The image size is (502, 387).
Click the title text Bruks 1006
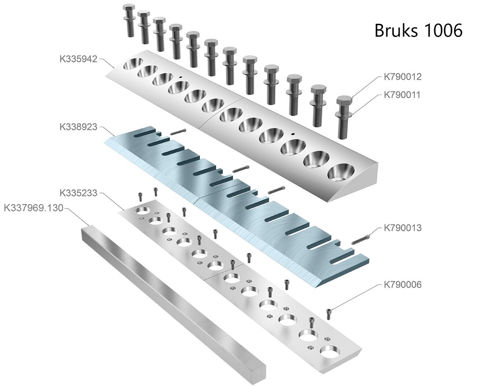pyautogui.click(x=418, y=30)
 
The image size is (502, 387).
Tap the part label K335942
pyautogui.click(x=78, y=59)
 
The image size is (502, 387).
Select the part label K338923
pyautogui.click(x=78, y=127)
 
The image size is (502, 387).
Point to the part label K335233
pyautogui.click(x=78, y=193)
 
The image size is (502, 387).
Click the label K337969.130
pyautogui.click(x=33, y=208)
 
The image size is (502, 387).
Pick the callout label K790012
pyautogui.click(x=403, y=77)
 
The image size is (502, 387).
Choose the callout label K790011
pyautogui.click(x=403, y=95)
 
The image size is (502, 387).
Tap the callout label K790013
pyautogui.click(x=403, y=228)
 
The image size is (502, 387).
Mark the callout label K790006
pyautogui.click(x=403, y=284)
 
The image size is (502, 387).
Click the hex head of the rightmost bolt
pyautogui.click(x=344, y=100)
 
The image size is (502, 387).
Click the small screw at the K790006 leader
pyautogui.click(x=330, y=314)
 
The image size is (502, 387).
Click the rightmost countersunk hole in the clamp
pyautogui.click(x=341, y=172)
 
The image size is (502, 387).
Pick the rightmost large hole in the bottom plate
pyautogui.click(x=329, y=351)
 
